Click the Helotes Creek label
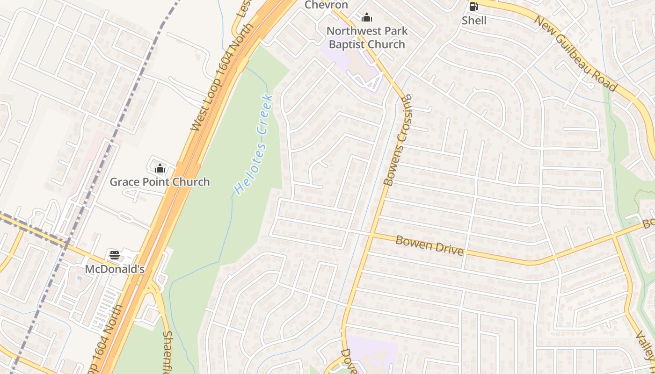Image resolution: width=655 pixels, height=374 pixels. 253,144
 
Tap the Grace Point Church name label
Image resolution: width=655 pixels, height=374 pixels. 160,182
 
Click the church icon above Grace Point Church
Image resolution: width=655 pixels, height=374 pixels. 160,168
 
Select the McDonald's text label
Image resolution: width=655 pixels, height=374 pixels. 115,269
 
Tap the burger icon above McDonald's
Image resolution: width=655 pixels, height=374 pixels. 115,255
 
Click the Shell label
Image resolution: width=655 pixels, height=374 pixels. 474,21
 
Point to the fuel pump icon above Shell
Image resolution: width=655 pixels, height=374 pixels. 473,7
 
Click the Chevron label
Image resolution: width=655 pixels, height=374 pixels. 327,5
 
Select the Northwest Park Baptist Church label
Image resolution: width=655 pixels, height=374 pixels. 367,37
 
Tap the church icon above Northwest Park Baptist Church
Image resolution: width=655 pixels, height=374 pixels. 367,18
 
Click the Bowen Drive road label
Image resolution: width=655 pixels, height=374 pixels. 429,245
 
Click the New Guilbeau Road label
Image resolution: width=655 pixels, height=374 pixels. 575,53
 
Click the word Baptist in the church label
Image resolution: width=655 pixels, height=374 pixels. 351,44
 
